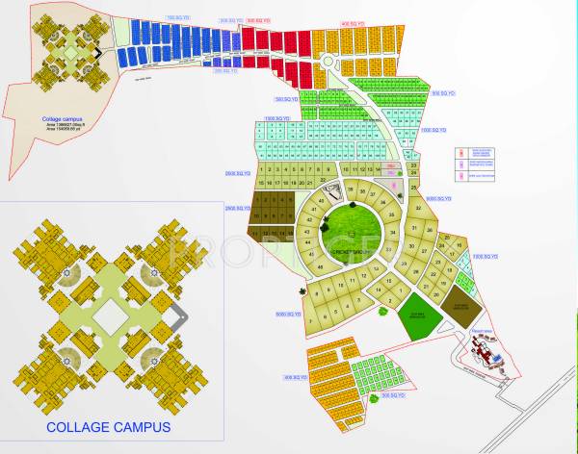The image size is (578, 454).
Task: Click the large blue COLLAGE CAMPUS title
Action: [108, 426]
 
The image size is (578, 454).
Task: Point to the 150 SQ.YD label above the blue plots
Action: [178, 17]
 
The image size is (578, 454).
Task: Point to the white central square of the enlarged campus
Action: [109, 315]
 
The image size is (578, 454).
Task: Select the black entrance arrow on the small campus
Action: [94, 53]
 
